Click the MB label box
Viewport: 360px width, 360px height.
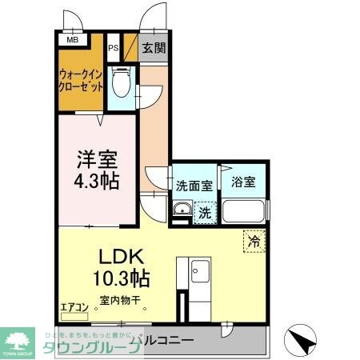pyautogui.click(x=72, y=39)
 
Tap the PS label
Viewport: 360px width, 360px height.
pyautogui.click(x=114, y=48)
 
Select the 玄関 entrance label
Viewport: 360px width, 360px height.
pyautogui.click(x=154, y=48)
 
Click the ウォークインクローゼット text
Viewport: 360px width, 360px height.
pyautogui.click(x=80, y=82)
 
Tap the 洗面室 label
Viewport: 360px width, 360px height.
pyautogui.click(x=194, y=186)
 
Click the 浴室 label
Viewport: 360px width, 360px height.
pyautogui.click(x=245, y=182)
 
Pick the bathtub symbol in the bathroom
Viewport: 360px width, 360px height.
pyautogui.click(x=245, y=211)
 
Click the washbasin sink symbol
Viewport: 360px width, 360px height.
pyautogui.click(x=181, y=212)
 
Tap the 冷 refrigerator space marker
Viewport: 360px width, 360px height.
pyautogui.click(x=254, y=240)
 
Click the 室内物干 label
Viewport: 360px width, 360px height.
pyautogui.click(x=120, y=302)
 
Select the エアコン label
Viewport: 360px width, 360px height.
pyautogui.click(x=74, y=306)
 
